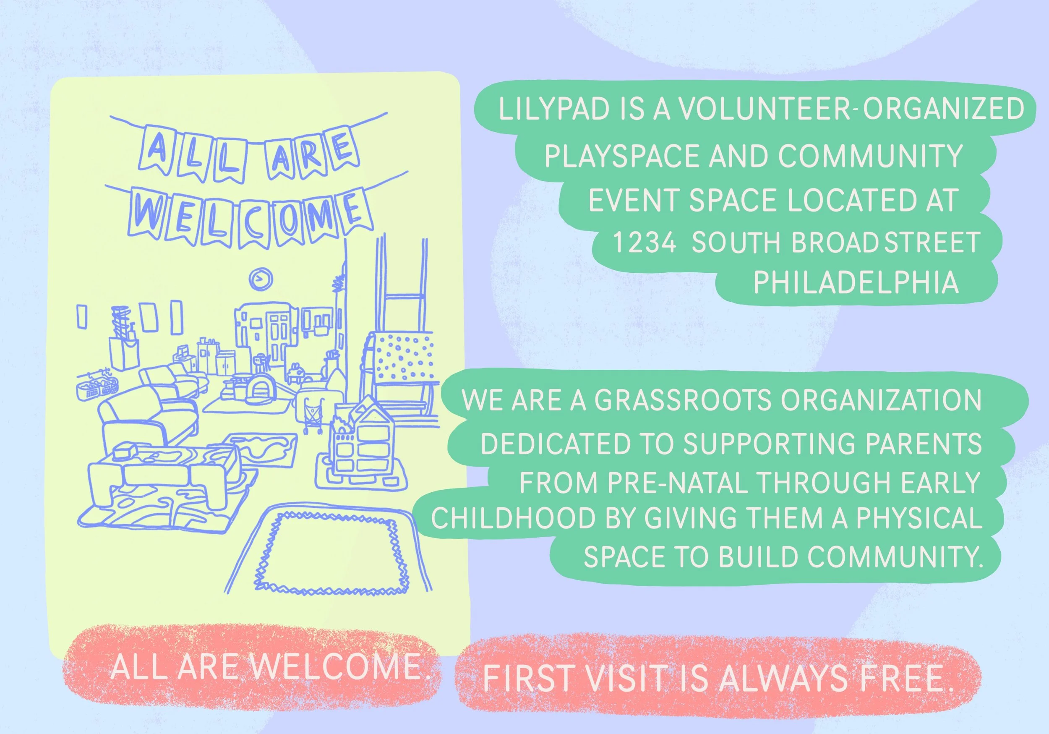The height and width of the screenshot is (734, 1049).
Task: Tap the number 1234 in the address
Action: pyautogui.click(x=644, y=243)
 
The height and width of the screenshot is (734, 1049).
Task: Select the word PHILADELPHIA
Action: pyautogui.click(x=855, y=282)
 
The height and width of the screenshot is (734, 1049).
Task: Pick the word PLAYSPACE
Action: pyautogui.click(x=622, y=156)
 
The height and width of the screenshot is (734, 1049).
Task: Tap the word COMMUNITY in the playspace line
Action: pyautogui.click(x=870, y=156)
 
